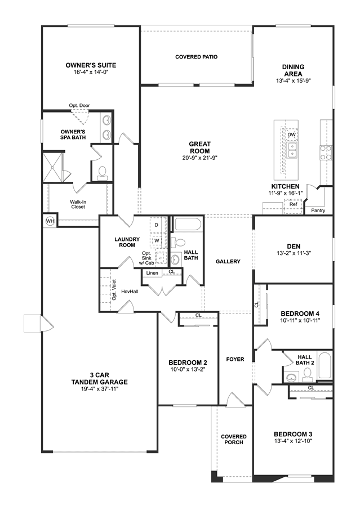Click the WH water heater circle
(x=50, y=221)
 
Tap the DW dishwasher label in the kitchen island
(x=292, y=135)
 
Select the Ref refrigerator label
(x=293, y=204)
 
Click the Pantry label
(x=318, y=211)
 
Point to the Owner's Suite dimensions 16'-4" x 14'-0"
(x=91, y=72)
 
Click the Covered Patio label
(x=196, y=57)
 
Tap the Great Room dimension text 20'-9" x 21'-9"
(x=199, y=158)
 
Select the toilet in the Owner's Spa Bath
(x=103, y=173)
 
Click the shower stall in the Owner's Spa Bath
(x=54, y=167)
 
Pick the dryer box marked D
(x=157, y=225)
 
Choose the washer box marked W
(x=157, y=241)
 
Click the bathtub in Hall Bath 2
(x=324, y=366)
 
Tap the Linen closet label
(x=153, y=273)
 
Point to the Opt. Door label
(x=79, y=105)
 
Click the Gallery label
(x=228, y=261)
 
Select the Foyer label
(x=235, y=359)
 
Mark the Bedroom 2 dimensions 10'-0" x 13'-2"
(x=188, y=369)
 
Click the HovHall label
(x=130, y=292)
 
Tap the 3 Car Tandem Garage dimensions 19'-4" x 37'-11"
(x=100, y=389)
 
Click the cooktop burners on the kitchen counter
(x=326, y=153)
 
